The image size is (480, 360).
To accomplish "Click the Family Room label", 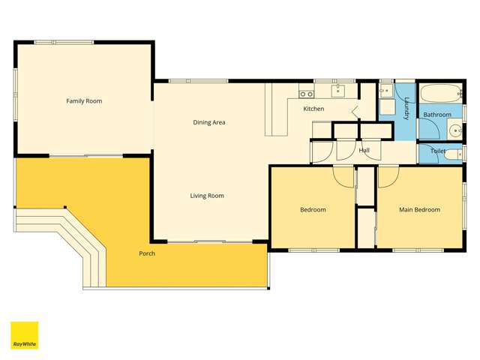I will (84, 100).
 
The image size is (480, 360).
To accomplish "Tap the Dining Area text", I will (209, 122).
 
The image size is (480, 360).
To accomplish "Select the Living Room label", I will (206, 196).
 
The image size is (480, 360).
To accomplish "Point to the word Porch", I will (147, 253).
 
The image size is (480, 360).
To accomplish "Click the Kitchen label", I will (313, 109).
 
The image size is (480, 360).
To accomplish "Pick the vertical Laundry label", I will (406, 109).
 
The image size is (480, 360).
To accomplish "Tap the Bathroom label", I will (437, 115).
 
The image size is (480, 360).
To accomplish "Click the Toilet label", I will (438, 151).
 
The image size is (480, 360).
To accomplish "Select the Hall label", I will (364, 151).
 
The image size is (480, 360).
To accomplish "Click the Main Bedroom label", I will (419, 210).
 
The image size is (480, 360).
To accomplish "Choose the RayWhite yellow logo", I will (24, 335).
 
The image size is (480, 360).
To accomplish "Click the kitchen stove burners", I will (306, 94).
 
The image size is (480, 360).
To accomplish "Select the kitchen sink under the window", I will (338, 91).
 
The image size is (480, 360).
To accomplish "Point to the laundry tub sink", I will (385, 92).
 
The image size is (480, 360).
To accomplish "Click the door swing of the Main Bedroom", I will (387, 177).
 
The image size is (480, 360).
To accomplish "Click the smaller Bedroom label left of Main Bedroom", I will (313, 210).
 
